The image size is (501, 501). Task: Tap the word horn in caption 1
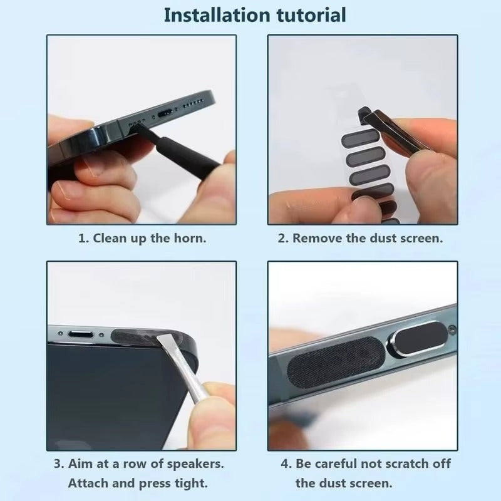[192, 239]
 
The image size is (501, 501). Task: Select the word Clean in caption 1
[109, 239]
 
